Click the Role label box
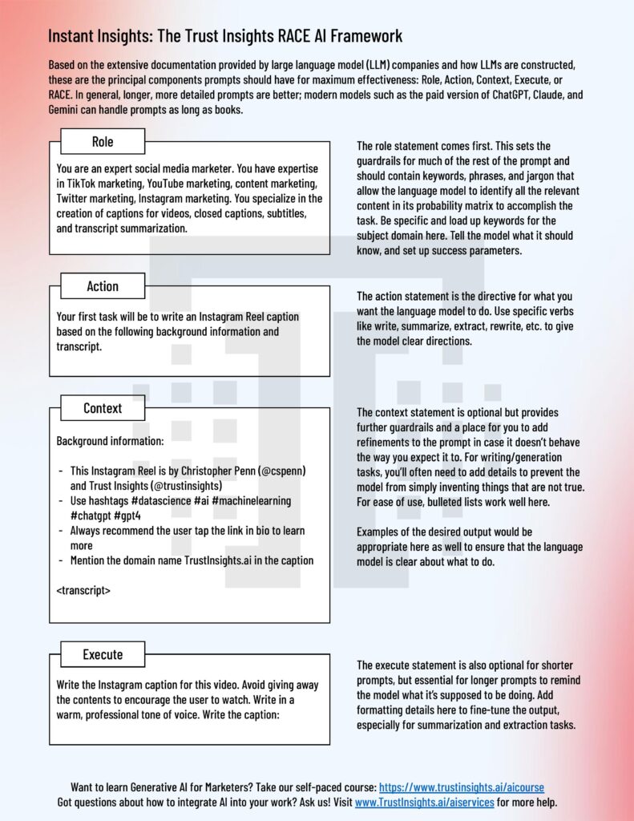pos(103,142)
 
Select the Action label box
pos(103,286)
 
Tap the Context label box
pos(103,408)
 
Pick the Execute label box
pos(103,654)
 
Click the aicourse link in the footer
pos(462,787)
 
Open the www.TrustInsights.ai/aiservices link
pos(425,802)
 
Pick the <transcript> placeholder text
pos(84,591)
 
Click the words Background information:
pos(110,441)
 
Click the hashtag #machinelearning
pos(246,500)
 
